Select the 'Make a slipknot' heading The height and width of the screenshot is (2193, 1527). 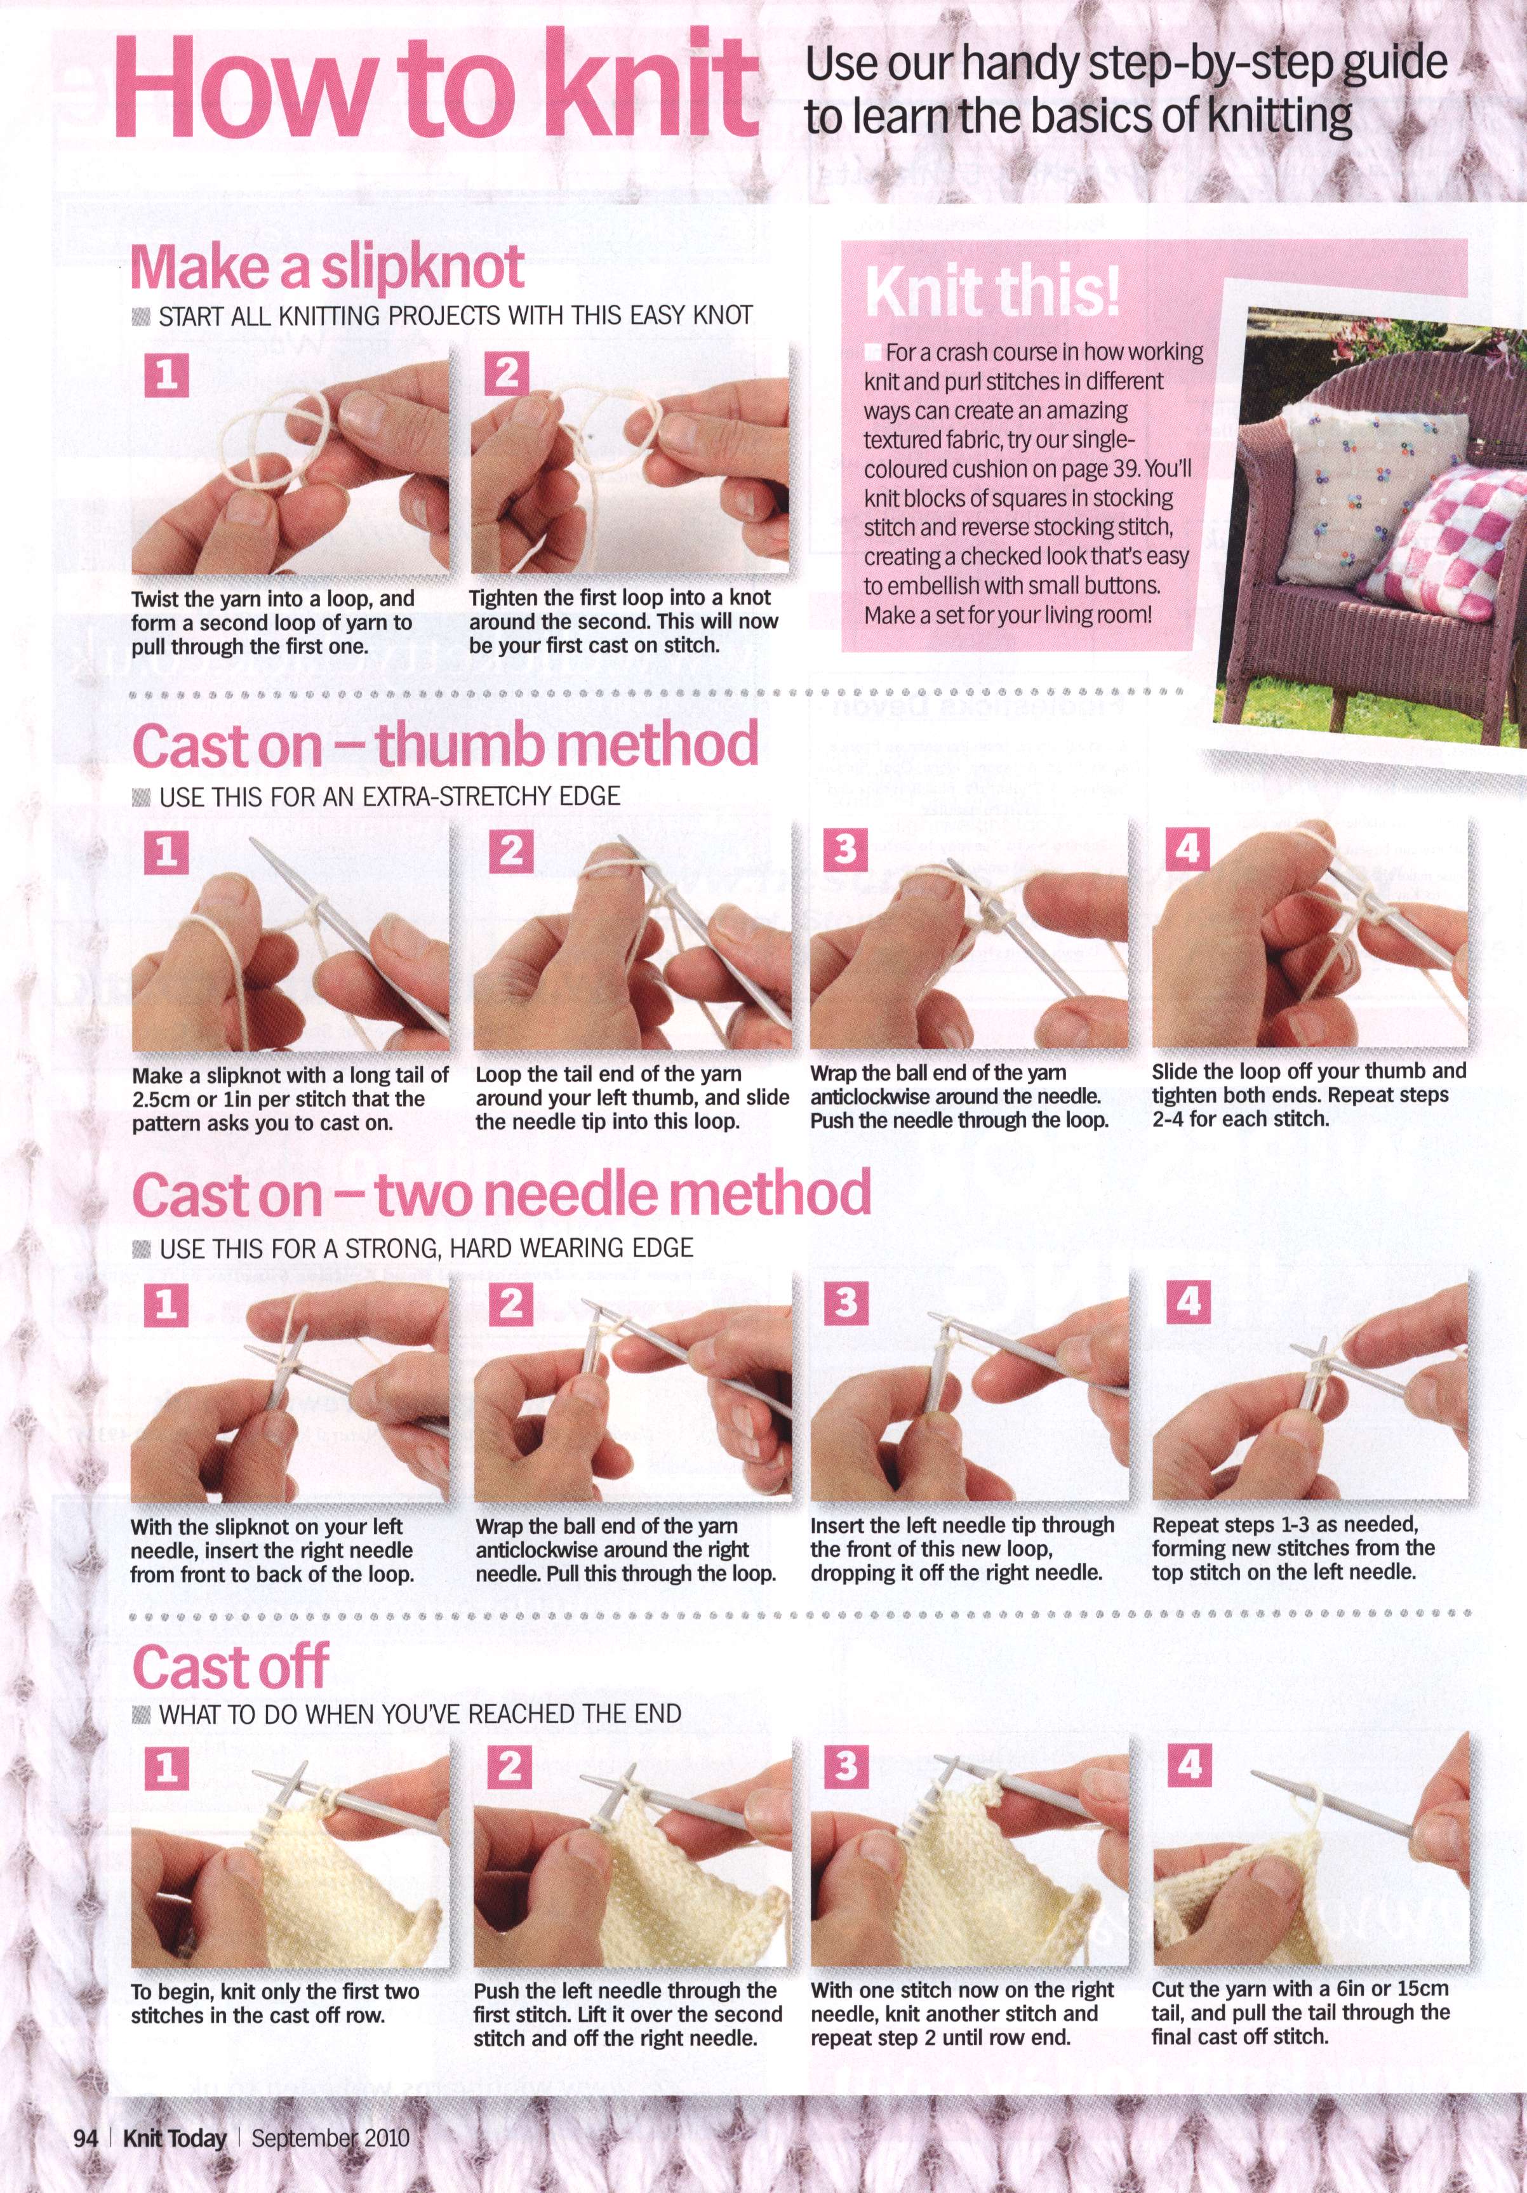tap(326, 267)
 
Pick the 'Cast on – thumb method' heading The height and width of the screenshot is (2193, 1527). tap(445, 745)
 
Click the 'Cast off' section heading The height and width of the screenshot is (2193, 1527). tap(230, 1666)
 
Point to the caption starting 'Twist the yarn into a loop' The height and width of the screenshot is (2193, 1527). tap(273, 622)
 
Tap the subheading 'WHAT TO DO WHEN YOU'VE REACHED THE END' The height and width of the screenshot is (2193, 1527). tap(420, 1714)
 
